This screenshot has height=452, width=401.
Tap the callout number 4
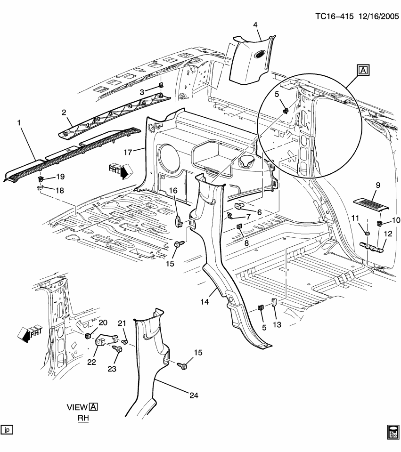click(x=255, y=24)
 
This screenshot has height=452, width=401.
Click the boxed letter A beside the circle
click(x=363, y=71)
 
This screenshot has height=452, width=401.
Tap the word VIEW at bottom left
click(x=77, y=407)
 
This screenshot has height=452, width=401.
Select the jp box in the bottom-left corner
click(x=7, y=430)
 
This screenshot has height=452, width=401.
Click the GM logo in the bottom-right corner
click(x=393, y=431)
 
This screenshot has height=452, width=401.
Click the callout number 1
click(x=19, y=123)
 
